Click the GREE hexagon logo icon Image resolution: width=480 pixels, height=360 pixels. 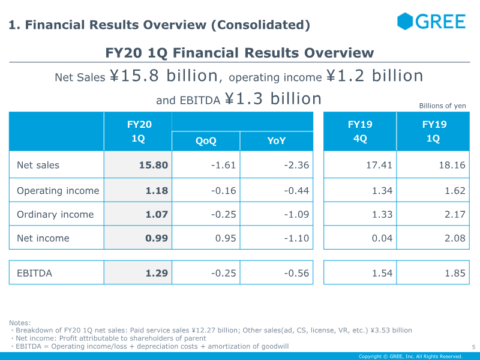(x=404, y=21)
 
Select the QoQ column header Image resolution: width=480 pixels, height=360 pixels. (x=206, y=141)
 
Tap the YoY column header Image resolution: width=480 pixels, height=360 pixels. (x=277, y=141)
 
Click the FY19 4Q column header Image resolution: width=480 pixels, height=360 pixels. (x=360, y=131)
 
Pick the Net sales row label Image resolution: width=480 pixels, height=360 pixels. (x=38, y=165)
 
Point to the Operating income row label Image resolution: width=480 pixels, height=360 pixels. (x=58, y=190)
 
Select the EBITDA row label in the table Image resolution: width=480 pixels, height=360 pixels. (x=34, y=273)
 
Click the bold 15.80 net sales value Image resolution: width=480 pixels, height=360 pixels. (x=154, y=165)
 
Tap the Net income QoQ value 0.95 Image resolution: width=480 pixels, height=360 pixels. (x=226, y=238)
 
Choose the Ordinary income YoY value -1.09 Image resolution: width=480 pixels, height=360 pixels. (x=296, y=214)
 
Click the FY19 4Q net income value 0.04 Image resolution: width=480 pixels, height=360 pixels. (x=382, y=238)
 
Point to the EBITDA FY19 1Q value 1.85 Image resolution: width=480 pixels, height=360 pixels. (x=455, y=273)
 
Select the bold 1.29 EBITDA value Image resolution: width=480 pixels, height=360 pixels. (x=157, y=273)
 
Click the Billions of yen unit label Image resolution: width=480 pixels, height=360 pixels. (x=442, y=106)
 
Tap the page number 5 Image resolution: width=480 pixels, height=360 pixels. (x=473, y=347)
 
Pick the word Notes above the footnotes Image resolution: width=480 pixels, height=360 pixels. (x=20, y=323)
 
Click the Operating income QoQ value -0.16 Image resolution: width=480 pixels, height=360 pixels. (x=223, y=190)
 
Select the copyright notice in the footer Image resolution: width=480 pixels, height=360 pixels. (x=410, y=356)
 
